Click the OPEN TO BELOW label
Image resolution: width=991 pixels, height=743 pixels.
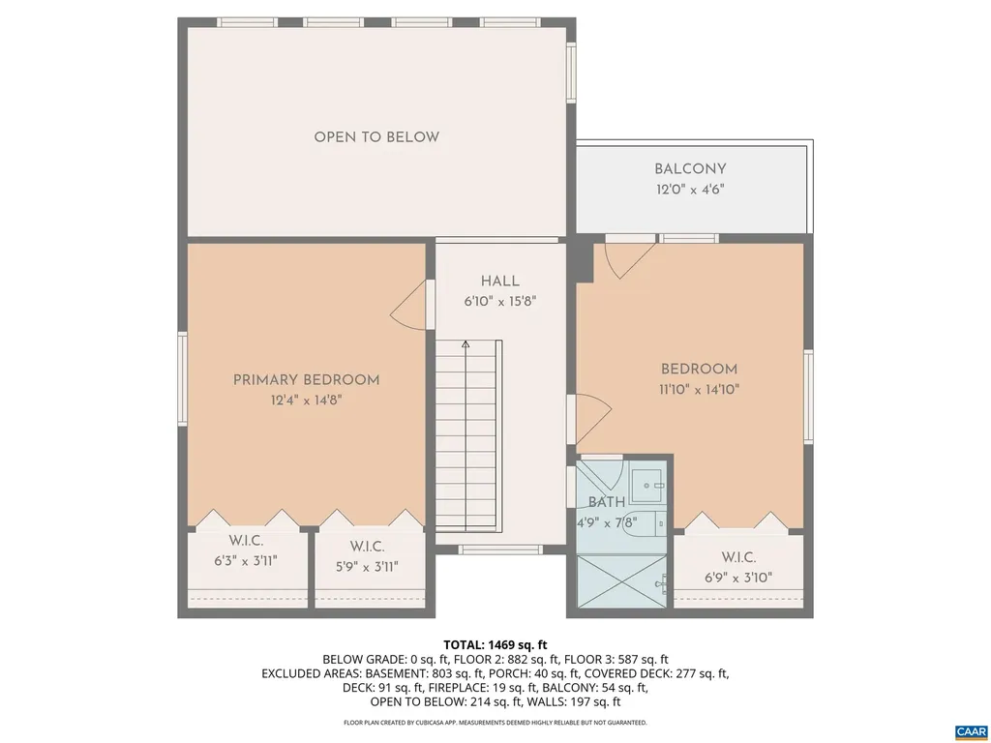point(375,137)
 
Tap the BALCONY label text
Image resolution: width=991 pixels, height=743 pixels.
point(689,169)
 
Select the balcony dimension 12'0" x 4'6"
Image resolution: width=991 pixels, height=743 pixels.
point(689,191)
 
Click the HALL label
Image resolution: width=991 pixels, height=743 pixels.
point(499,281)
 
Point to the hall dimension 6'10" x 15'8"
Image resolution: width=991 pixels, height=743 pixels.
point(499,301)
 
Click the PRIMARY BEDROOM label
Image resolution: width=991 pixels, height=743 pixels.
point(306,380)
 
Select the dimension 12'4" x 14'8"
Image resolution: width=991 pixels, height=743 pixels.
point(306,401)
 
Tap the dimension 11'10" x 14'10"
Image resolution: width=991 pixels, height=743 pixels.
point(699,390)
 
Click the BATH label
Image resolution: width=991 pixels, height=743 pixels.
point(607,502)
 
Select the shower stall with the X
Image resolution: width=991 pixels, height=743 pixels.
point(619,581)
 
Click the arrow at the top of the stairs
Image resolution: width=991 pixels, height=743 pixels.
point(465,343)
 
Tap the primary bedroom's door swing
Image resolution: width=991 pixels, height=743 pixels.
point(410,308)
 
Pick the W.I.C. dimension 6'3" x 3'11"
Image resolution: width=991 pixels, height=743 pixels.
point(246,560)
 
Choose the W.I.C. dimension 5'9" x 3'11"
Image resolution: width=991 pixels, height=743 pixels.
point(367,567)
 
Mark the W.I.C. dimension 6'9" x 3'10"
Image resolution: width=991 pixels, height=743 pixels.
point(737,578)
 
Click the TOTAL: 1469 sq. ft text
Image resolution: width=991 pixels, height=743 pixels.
point(495,644)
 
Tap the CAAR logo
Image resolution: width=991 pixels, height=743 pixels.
point(969,730)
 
